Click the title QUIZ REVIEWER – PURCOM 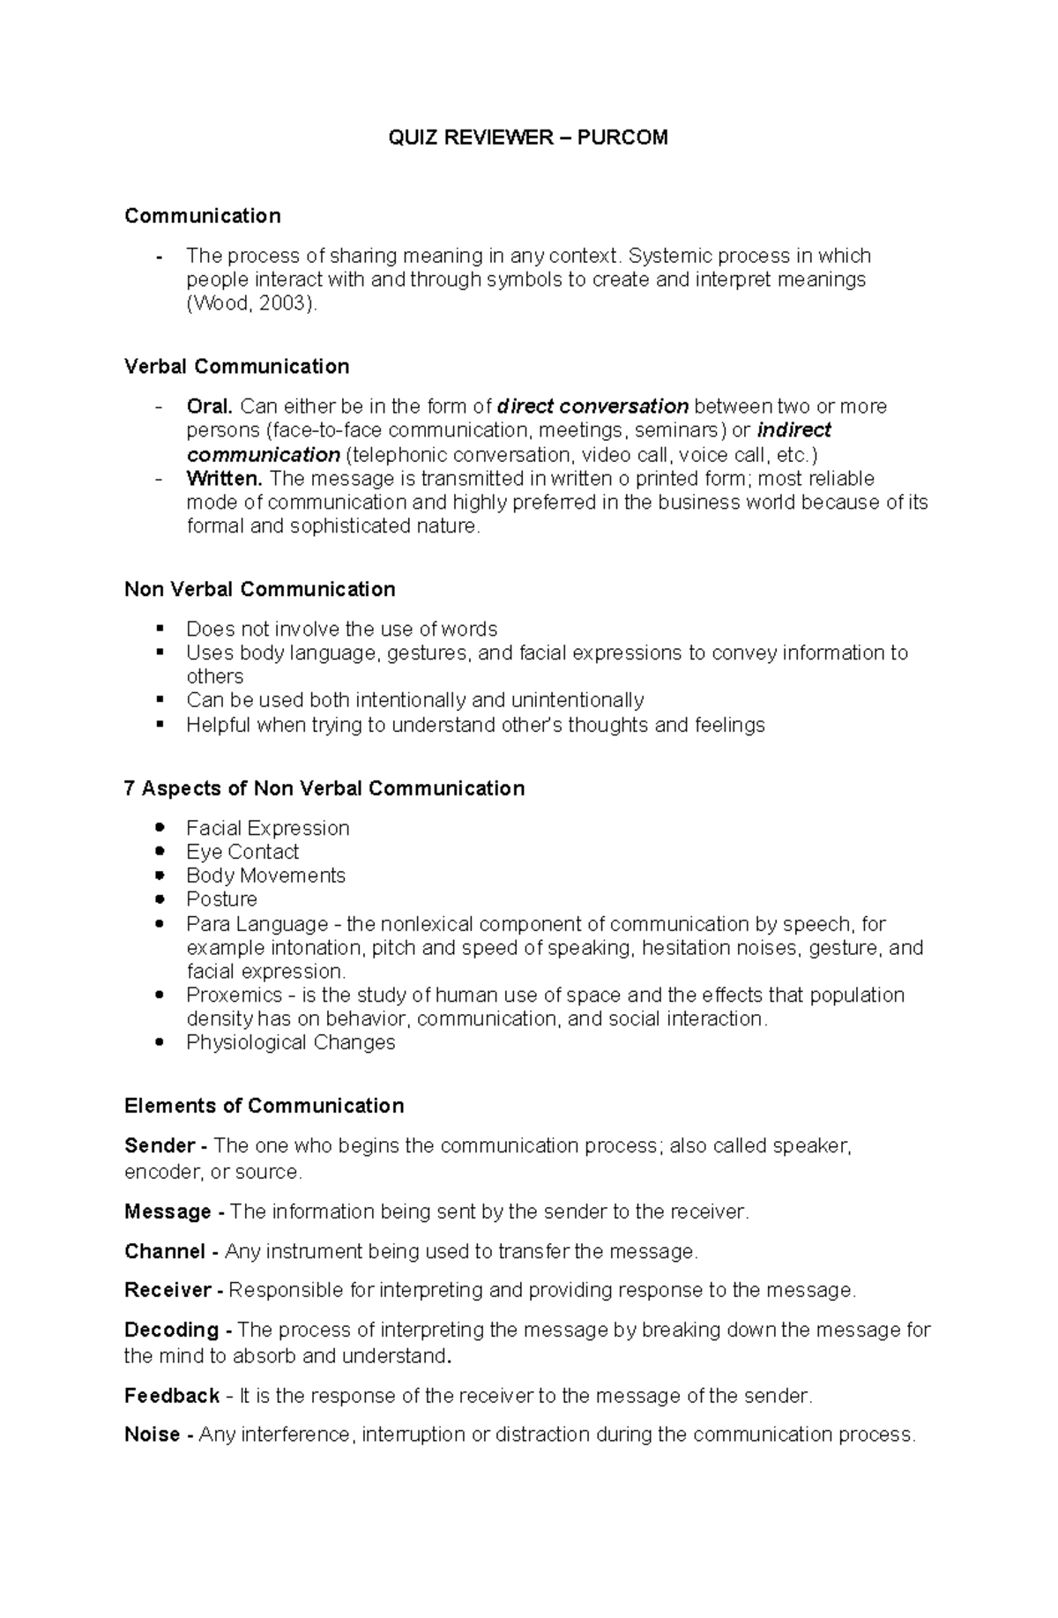click(x=528, y=137)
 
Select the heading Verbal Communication click(x=236, y=366)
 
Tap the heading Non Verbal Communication click(x=259, y=589)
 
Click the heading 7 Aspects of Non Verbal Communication click(x=324, y=788)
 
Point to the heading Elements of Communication click(x=264, y=1106)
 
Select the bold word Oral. click(x=209, y=406)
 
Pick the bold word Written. click(x=224, y=479)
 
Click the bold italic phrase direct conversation click(x=592, y=406)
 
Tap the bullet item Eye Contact click(x=242, y=852)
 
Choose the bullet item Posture click(x=221, y=899)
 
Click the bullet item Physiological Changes click(x=290, y=1042)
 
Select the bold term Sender click(x=160, y=1145)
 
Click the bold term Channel click(x=165, y=1251)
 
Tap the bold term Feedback click(x=172, y=1396)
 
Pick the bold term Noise click(x=152, y=1435)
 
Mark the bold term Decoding click(x=171, y=1330)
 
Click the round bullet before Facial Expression click(x=160, y=827)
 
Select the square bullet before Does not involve click(x=160, y=628)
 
